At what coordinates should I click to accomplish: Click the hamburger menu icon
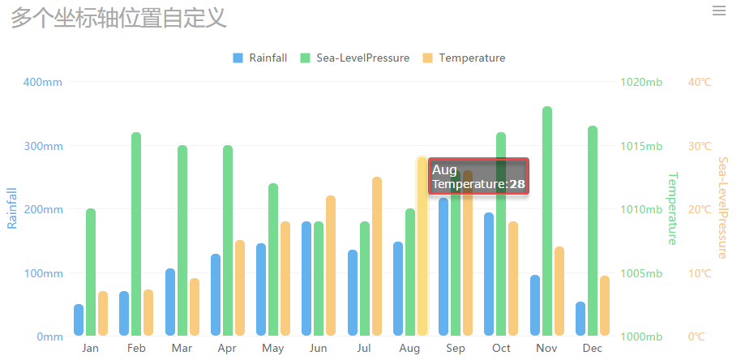tap(718, 11)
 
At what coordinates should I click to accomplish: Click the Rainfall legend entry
tap(259, 58)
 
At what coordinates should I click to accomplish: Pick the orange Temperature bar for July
tap(377, 255)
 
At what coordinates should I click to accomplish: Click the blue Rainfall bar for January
tap(79, 319)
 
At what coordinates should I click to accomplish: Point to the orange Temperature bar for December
tap(605, 305)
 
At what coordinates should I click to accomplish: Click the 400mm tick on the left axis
tap(43, 82)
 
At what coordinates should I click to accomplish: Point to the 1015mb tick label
tap(641, 146)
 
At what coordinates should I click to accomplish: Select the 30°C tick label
tap(700, 146)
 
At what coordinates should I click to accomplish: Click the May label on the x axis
tap(273, 349)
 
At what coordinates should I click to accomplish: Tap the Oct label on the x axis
tap(501, 349)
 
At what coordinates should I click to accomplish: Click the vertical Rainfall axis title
tap(12, 208)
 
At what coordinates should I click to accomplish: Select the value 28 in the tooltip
tap(517, 185)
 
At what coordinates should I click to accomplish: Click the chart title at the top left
tap(118, 17)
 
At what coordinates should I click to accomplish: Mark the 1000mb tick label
tap(641, 336)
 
